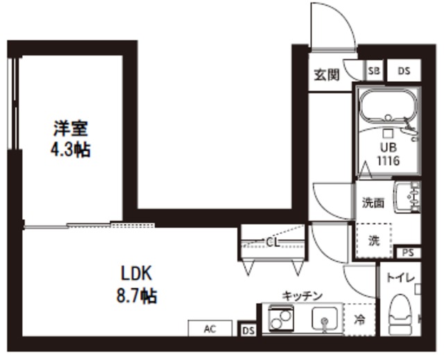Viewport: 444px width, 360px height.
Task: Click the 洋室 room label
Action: click(71, 129)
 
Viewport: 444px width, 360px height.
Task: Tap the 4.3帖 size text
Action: click(71, 149)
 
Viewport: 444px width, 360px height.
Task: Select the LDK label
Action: click(137, 273)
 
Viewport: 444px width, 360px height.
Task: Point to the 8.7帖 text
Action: click(137, 295)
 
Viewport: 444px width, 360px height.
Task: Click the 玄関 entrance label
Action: click(326, 75)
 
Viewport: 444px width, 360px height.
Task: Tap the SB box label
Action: click(374, 70)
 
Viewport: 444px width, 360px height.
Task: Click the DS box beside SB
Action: click(404, 70)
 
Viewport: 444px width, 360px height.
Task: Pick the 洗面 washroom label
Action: click(373, 203)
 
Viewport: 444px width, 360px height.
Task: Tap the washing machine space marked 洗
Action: click(374, 241)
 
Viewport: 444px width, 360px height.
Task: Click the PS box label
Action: click(408, 252)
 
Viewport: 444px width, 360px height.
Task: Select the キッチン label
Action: click(302, 295)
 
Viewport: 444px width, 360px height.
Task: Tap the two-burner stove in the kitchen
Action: click(278, 320)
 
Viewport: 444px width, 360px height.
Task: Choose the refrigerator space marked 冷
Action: click(359, 320)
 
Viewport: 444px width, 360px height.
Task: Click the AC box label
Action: click(209, 329)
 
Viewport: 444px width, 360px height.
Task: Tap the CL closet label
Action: click(273, 241)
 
